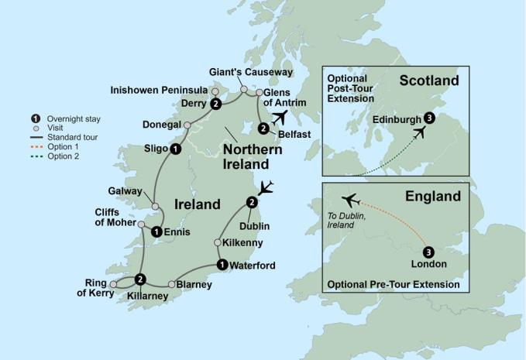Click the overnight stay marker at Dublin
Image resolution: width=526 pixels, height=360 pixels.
click(251, 203)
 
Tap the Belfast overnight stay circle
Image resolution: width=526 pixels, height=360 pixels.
click(263, 129)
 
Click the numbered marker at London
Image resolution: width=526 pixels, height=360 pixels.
click(429, 252)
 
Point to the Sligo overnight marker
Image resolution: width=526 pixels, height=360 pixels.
click(176, 149)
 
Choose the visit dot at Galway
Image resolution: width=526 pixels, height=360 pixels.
click(156, 207)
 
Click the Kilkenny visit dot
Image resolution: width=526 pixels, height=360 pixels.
click(218, 243)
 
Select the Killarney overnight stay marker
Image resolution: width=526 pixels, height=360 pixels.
click(140, 279)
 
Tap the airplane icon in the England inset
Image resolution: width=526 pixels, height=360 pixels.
click(350, 200)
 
